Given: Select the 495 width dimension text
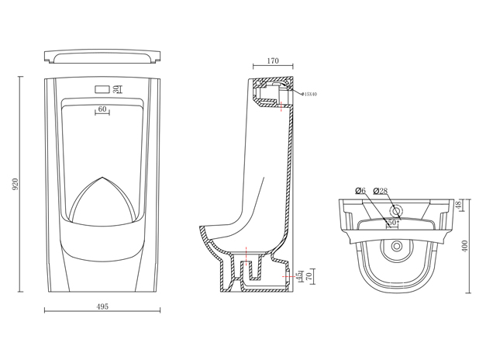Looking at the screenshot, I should coord(102,306).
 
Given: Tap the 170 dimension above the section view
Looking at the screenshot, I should coord(273,61).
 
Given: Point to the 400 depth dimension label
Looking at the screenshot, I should coord(465,245).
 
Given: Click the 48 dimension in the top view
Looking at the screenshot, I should coord(458,205).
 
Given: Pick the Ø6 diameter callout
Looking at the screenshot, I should coord(360,191).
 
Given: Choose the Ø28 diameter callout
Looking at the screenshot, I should coord(381,191).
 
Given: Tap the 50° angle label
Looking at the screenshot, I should coord(393,222).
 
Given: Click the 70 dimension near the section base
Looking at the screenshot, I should coord(310,275).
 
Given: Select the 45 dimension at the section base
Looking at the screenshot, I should coord(299,275).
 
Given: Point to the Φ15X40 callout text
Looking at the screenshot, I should coord(308,95).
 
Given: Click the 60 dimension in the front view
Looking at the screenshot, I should coord(102,109).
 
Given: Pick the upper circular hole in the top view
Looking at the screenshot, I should coord(396,210).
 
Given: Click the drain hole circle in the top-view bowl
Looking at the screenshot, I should coord(397,247).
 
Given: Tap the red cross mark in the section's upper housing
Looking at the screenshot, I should coord(281,108).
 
